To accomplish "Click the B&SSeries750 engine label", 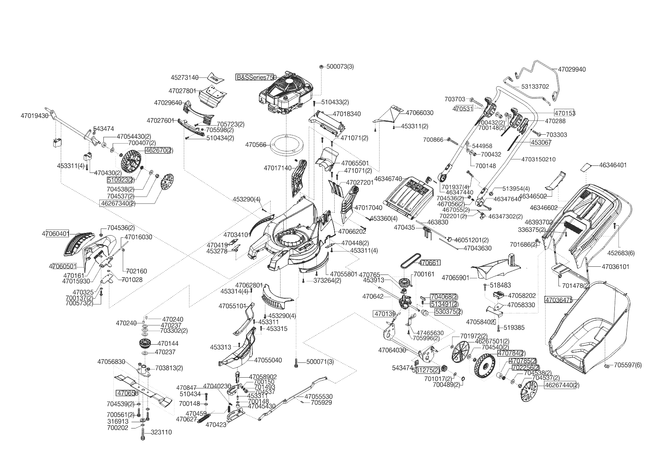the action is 256,78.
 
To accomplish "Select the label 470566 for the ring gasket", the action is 256,145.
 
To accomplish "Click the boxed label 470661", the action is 430,263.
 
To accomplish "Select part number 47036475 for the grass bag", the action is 558,299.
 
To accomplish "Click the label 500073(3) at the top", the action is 340,66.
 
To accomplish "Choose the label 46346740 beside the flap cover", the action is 388,178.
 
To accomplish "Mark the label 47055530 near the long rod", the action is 318,397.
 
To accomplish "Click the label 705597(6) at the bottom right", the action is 628,365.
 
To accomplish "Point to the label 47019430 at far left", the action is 34,116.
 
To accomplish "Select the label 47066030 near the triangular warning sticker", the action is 419,113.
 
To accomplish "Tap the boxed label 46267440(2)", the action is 562,385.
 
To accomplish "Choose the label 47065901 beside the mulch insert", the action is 455,278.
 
